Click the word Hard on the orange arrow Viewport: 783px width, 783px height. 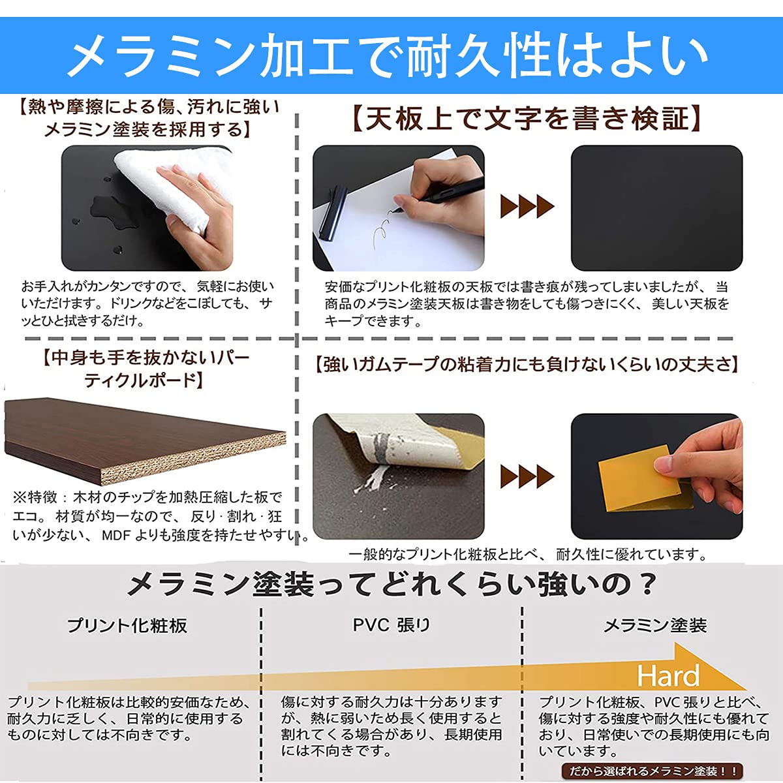pyautogui.click(x=668, y=675)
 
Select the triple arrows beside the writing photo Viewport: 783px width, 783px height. pyautogui.click(x=527, y=207)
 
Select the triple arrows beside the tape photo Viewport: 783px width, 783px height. pyautogui.click(x=527, y=476)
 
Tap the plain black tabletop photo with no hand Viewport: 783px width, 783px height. pyautogui.click(x=656, y=207)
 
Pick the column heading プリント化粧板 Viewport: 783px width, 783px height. pyautogui.click(x=127, y=626)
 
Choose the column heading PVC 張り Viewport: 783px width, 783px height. pyautogui.click(x=391, y=625)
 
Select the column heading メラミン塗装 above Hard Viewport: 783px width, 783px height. pyautogui.click(x=654, y=626)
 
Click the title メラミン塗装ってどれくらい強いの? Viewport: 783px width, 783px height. pyautogui.click(x=391, y=584)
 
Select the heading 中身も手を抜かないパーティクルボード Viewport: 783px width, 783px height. pyautogui.click(x=145, y=369)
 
